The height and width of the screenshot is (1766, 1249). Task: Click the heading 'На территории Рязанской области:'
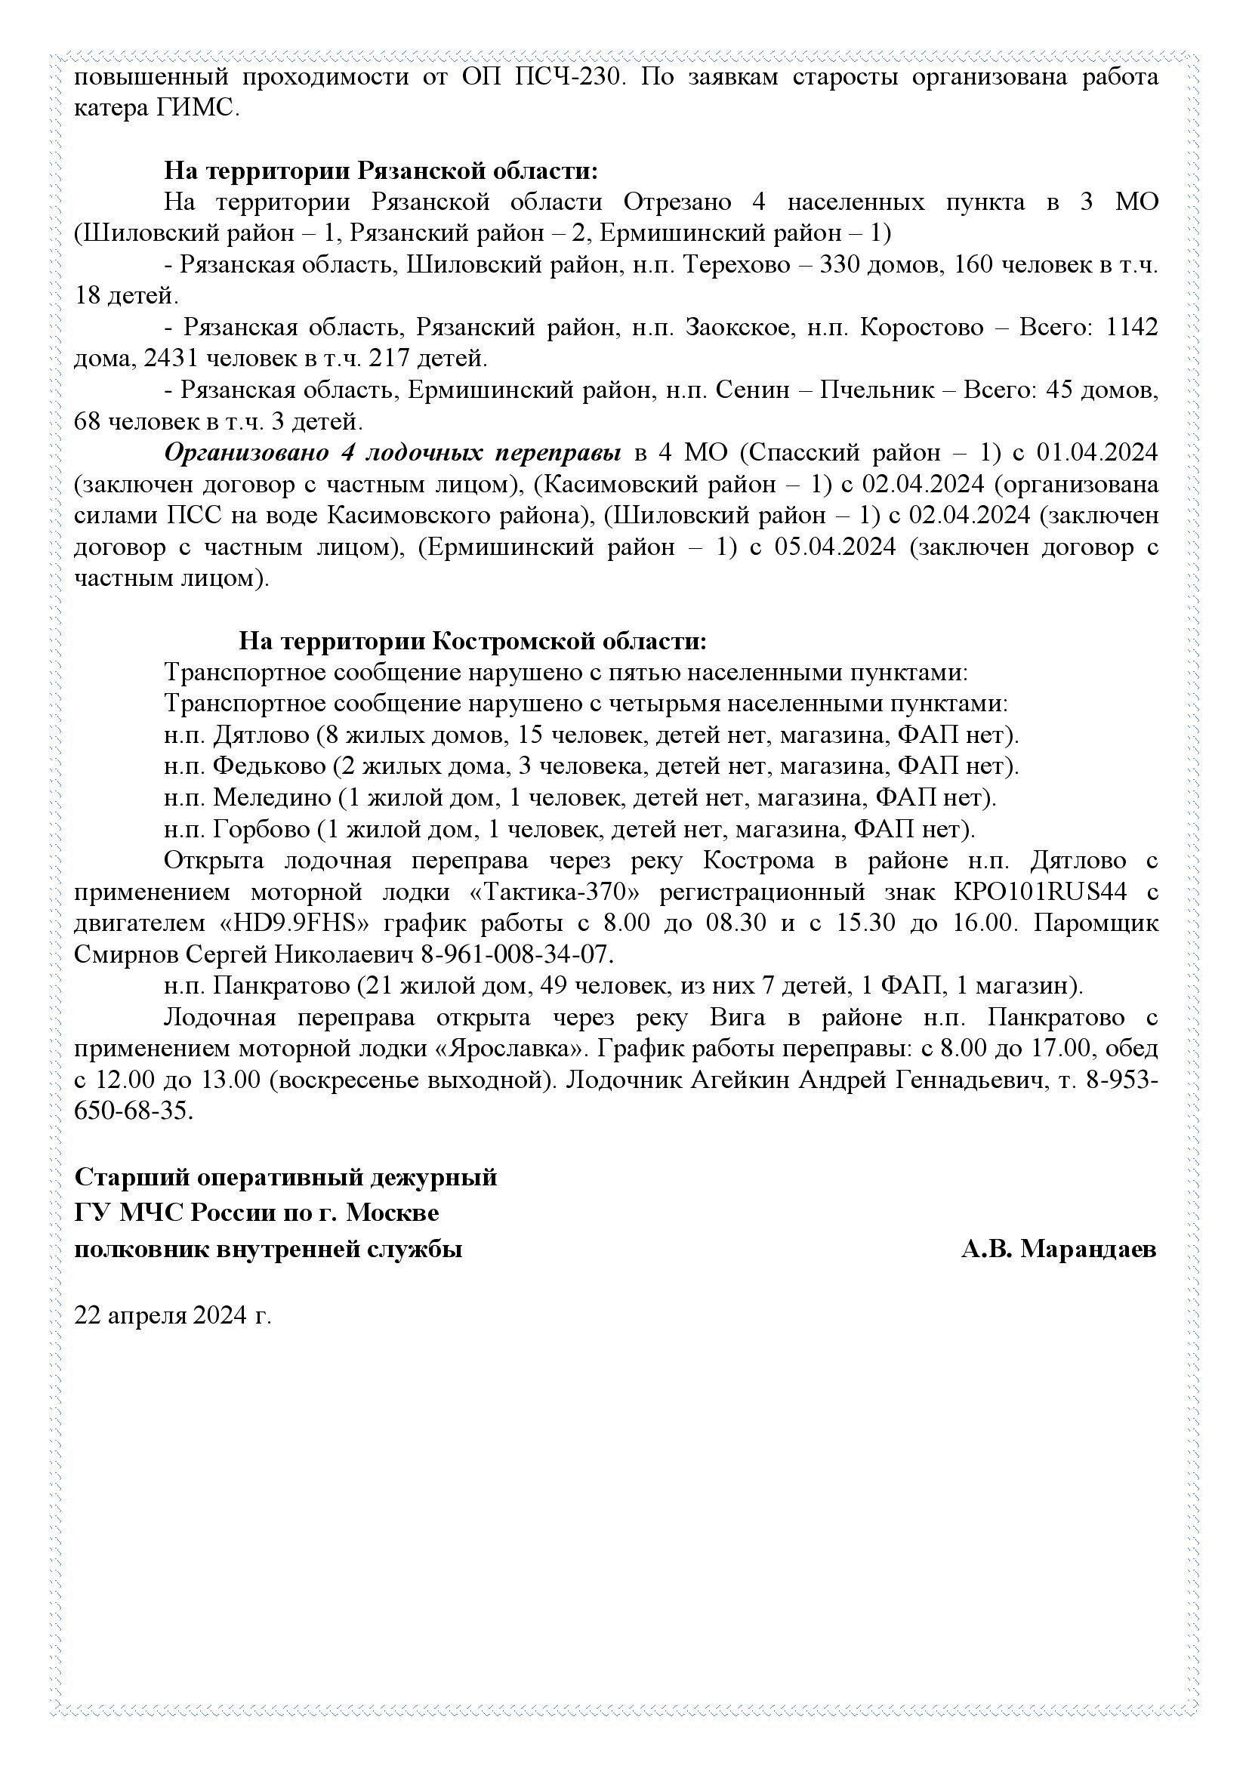click(381, 170)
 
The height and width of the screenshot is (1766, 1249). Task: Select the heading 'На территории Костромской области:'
click(472, 641)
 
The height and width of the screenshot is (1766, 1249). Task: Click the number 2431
click(171, 359)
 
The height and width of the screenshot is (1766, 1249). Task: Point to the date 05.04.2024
click(835, 547)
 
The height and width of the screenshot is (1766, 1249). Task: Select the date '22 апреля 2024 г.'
click(173, 1314)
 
